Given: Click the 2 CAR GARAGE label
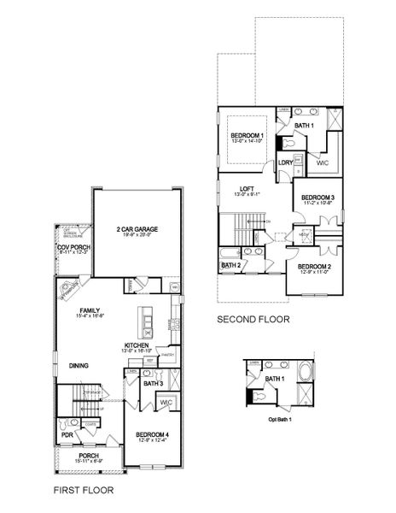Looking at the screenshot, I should (x=137, y=229).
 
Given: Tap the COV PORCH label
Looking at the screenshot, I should (x=73, y=248).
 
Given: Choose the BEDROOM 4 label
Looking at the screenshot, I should (x=157, y=435).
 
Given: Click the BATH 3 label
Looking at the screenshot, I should (x=154, y=384).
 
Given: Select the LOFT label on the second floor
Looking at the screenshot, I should (x=247, y=188).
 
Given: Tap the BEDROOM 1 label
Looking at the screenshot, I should (x=247, y=136).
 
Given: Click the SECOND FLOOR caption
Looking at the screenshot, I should (x=253, y=320).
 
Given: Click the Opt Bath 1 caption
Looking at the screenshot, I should (x=279, y=419).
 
